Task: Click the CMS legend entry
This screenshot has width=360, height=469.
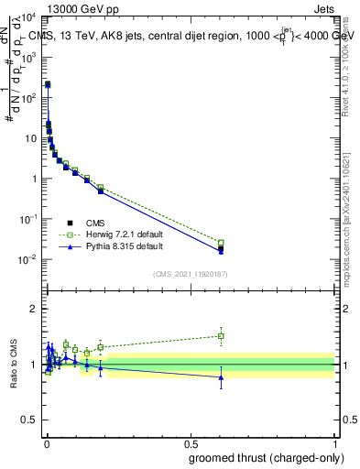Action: coord(93,223)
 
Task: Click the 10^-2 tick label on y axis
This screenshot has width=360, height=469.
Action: coord(27,259)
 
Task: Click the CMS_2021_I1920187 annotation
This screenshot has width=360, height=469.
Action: coord(190,273)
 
